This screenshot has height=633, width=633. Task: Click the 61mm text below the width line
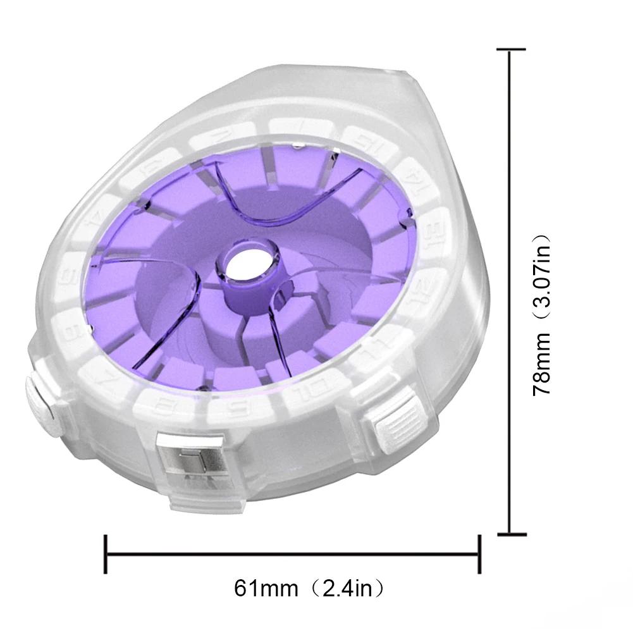[x=266, y=589]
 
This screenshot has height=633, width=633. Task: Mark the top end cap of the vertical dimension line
[x=511, y=49]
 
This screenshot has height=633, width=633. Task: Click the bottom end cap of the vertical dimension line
[x=511, y=534]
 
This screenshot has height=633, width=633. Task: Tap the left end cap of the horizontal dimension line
[x=106, y=555]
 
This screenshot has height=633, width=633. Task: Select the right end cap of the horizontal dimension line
[x=479, y=555]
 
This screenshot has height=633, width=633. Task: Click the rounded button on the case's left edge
[x=39, y=405]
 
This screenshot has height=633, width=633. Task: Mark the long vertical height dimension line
[x=511, y=291]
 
